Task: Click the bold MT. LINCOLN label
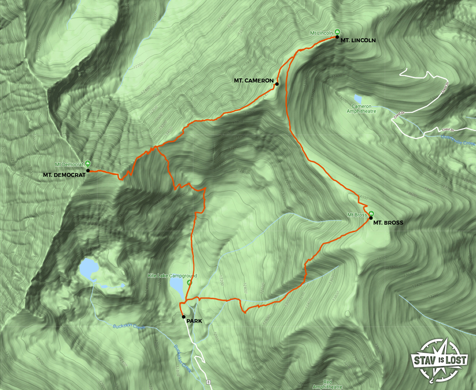point(358,41)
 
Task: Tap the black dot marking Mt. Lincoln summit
point(337,37)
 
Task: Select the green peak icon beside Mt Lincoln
point(337,31)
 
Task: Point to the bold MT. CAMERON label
point(253,81)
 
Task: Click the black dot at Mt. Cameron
point(277,84)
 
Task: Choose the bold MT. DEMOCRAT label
point(64,175)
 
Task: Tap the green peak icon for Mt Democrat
point(88,163)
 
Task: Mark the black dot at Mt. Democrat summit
point(88,171)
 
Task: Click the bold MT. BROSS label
point(388,223)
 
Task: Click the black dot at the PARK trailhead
point(183,317)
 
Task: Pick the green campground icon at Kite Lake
point(189,282)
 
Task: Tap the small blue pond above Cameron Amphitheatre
point(358,98)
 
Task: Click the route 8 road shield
point(208,382)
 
